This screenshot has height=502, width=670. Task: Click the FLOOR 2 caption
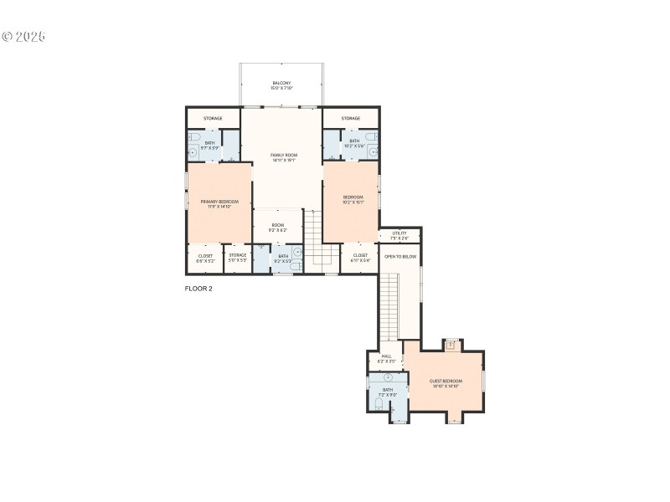pos(198,289)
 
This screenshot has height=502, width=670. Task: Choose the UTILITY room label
pos(399,235)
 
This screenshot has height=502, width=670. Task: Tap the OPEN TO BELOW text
pos(400,256)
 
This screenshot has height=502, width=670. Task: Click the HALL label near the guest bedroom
pos(386,358)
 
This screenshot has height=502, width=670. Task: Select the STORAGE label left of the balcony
pos(213,118)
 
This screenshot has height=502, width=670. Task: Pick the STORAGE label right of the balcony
pos(351,118)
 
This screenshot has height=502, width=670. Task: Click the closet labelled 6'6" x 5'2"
pos(206,258)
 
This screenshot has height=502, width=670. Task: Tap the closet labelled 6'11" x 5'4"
pos(360,258)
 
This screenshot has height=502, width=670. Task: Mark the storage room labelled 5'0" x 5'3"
pos(238,258)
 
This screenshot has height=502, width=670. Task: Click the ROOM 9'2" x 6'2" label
pos(277,227)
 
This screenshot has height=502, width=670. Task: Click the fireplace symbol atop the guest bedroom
pos(451,343)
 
